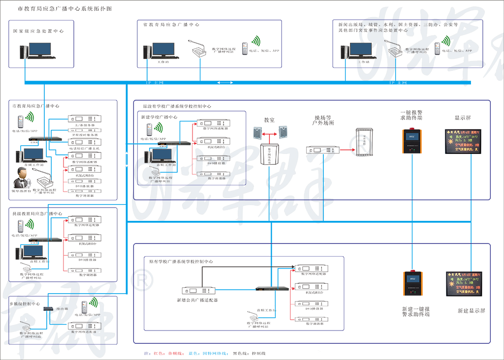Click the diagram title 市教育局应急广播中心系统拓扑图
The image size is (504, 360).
(64, 9)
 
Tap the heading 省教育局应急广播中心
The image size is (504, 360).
(171, 25)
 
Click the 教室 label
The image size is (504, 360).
(269, 120)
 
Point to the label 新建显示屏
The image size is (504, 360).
(471, 311)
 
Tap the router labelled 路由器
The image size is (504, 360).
(48, 309)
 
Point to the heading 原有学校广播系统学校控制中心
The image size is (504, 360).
(181, 262)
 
